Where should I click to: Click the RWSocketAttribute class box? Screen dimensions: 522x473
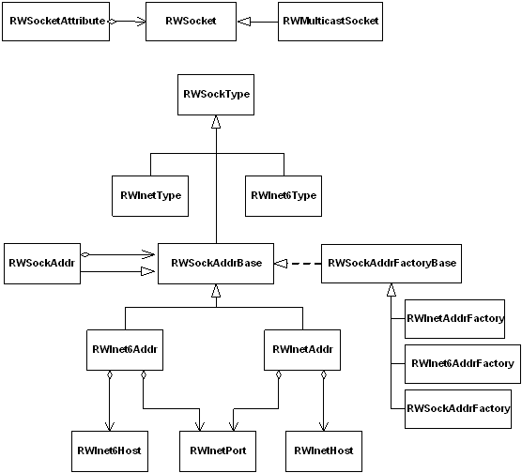point(56,22)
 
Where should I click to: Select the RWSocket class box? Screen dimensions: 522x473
point(192,22)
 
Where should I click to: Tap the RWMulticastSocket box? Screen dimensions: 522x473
point(330,22)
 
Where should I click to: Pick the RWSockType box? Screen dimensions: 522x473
point(216,95)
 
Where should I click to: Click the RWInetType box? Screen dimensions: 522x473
point(150,196)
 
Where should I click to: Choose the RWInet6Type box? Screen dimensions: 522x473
point(284,196)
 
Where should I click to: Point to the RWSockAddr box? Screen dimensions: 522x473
point(42,264)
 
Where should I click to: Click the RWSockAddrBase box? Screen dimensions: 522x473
point(216,264)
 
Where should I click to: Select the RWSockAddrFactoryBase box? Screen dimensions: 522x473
point(391,264)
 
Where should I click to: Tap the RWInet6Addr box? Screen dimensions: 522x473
point(125,350)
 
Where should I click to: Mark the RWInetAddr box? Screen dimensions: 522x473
point(302,350)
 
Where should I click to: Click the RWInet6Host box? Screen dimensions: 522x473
point(110,451)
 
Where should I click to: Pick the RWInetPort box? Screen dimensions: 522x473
point(218,451)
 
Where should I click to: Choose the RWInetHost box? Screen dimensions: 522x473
point(324,451)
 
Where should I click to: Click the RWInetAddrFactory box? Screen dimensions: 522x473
point(454,319)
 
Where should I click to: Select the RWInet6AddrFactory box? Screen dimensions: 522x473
point(463,364)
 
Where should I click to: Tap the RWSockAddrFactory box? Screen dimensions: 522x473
point(458,409)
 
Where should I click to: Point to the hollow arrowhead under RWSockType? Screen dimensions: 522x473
point(216,122)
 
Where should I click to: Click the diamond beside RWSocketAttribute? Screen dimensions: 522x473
point(113,22)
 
